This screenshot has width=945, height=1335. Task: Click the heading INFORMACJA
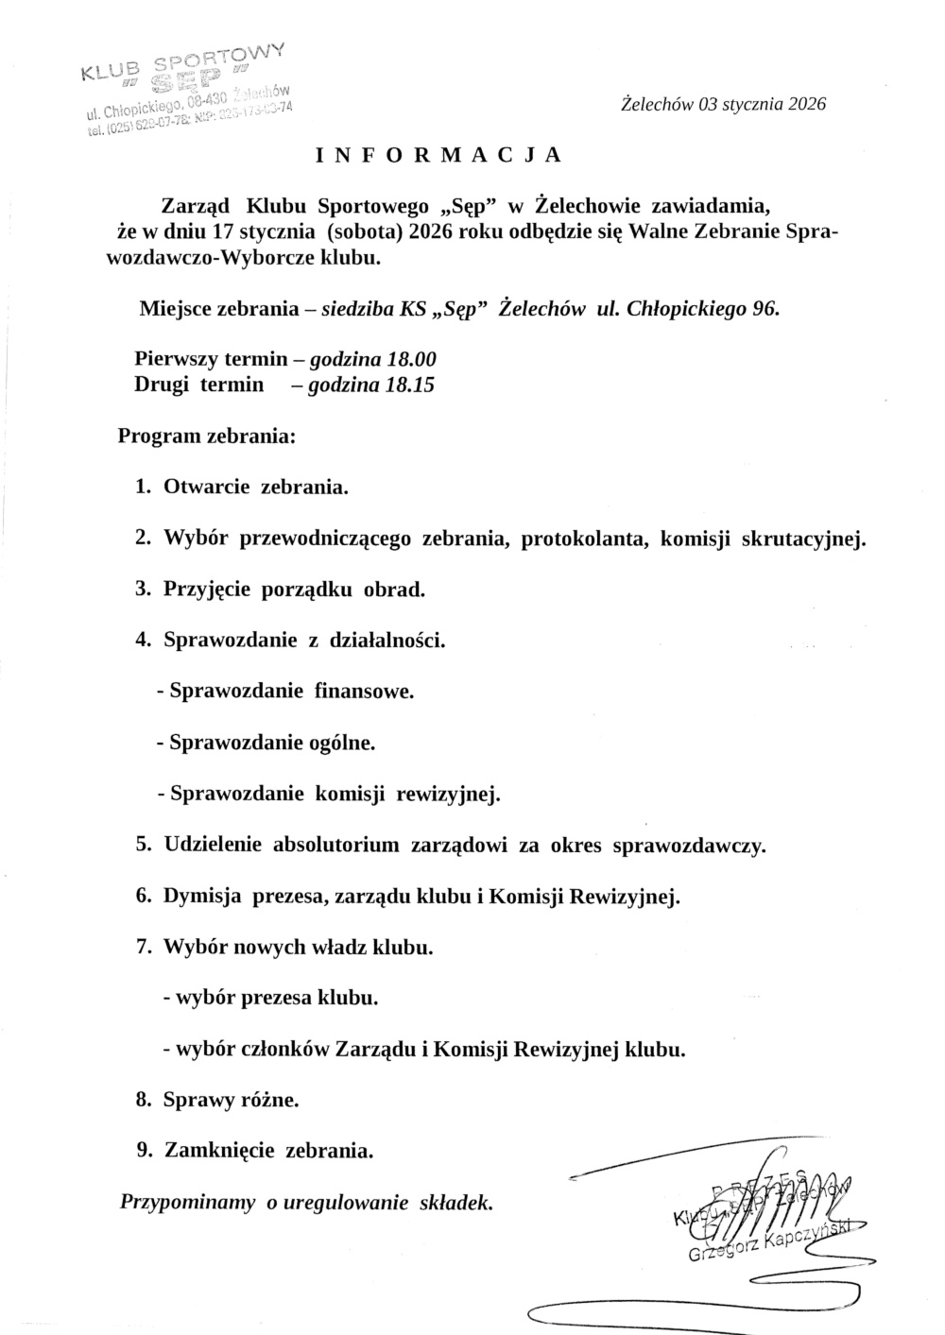[438, 155]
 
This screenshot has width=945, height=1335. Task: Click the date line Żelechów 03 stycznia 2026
[723, 104]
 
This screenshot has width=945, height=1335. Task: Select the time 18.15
[409, 385]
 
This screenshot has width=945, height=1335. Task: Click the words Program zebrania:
[207, 436]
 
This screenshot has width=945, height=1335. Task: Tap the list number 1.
[144, 488]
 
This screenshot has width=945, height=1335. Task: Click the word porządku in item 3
[313, 590]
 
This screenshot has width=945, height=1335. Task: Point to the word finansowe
[364, 691]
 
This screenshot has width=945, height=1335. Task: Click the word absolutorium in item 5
[335, 845]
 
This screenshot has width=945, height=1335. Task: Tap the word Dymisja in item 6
[202, 896]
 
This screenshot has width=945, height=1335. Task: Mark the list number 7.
[144, 947]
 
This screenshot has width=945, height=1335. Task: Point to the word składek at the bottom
[455, 1203]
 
